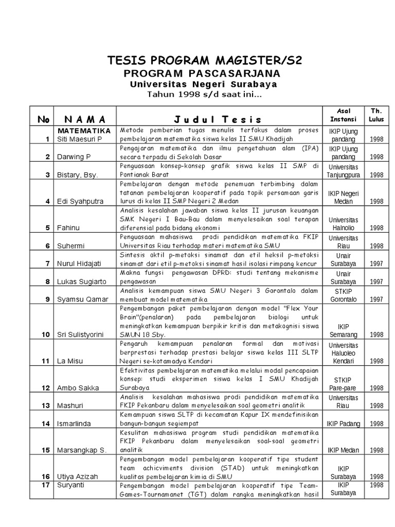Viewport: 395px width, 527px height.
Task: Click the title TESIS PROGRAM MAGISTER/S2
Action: click(204, 61)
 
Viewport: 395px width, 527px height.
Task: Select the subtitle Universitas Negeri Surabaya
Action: click(204, 84)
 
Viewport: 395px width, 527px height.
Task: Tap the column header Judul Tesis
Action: click(218, 119)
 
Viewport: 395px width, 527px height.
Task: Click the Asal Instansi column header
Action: click(343, 115)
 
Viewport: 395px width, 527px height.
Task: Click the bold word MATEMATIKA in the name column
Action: click(85, 131)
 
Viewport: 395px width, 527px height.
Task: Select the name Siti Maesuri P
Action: click(79, 139)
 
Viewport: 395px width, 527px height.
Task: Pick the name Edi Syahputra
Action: click(80, 201)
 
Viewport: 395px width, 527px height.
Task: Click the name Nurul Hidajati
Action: click(79, 263)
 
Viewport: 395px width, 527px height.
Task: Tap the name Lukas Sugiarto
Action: click(81, 282)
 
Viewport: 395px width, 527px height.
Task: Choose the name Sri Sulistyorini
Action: click(80, 335)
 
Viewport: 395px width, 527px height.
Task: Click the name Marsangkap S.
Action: click(82, 450)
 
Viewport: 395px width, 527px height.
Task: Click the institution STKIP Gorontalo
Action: click(343, 295)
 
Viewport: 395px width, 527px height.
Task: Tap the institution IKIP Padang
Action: click(343, 424)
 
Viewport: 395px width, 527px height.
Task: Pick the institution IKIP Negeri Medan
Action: click(343, 197)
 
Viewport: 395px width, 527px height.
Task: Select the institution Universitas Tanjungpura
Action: click(343, 171)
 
